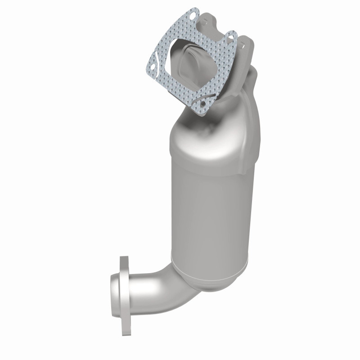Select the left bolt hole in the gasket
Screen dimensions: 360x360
[x=153, y=67]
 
